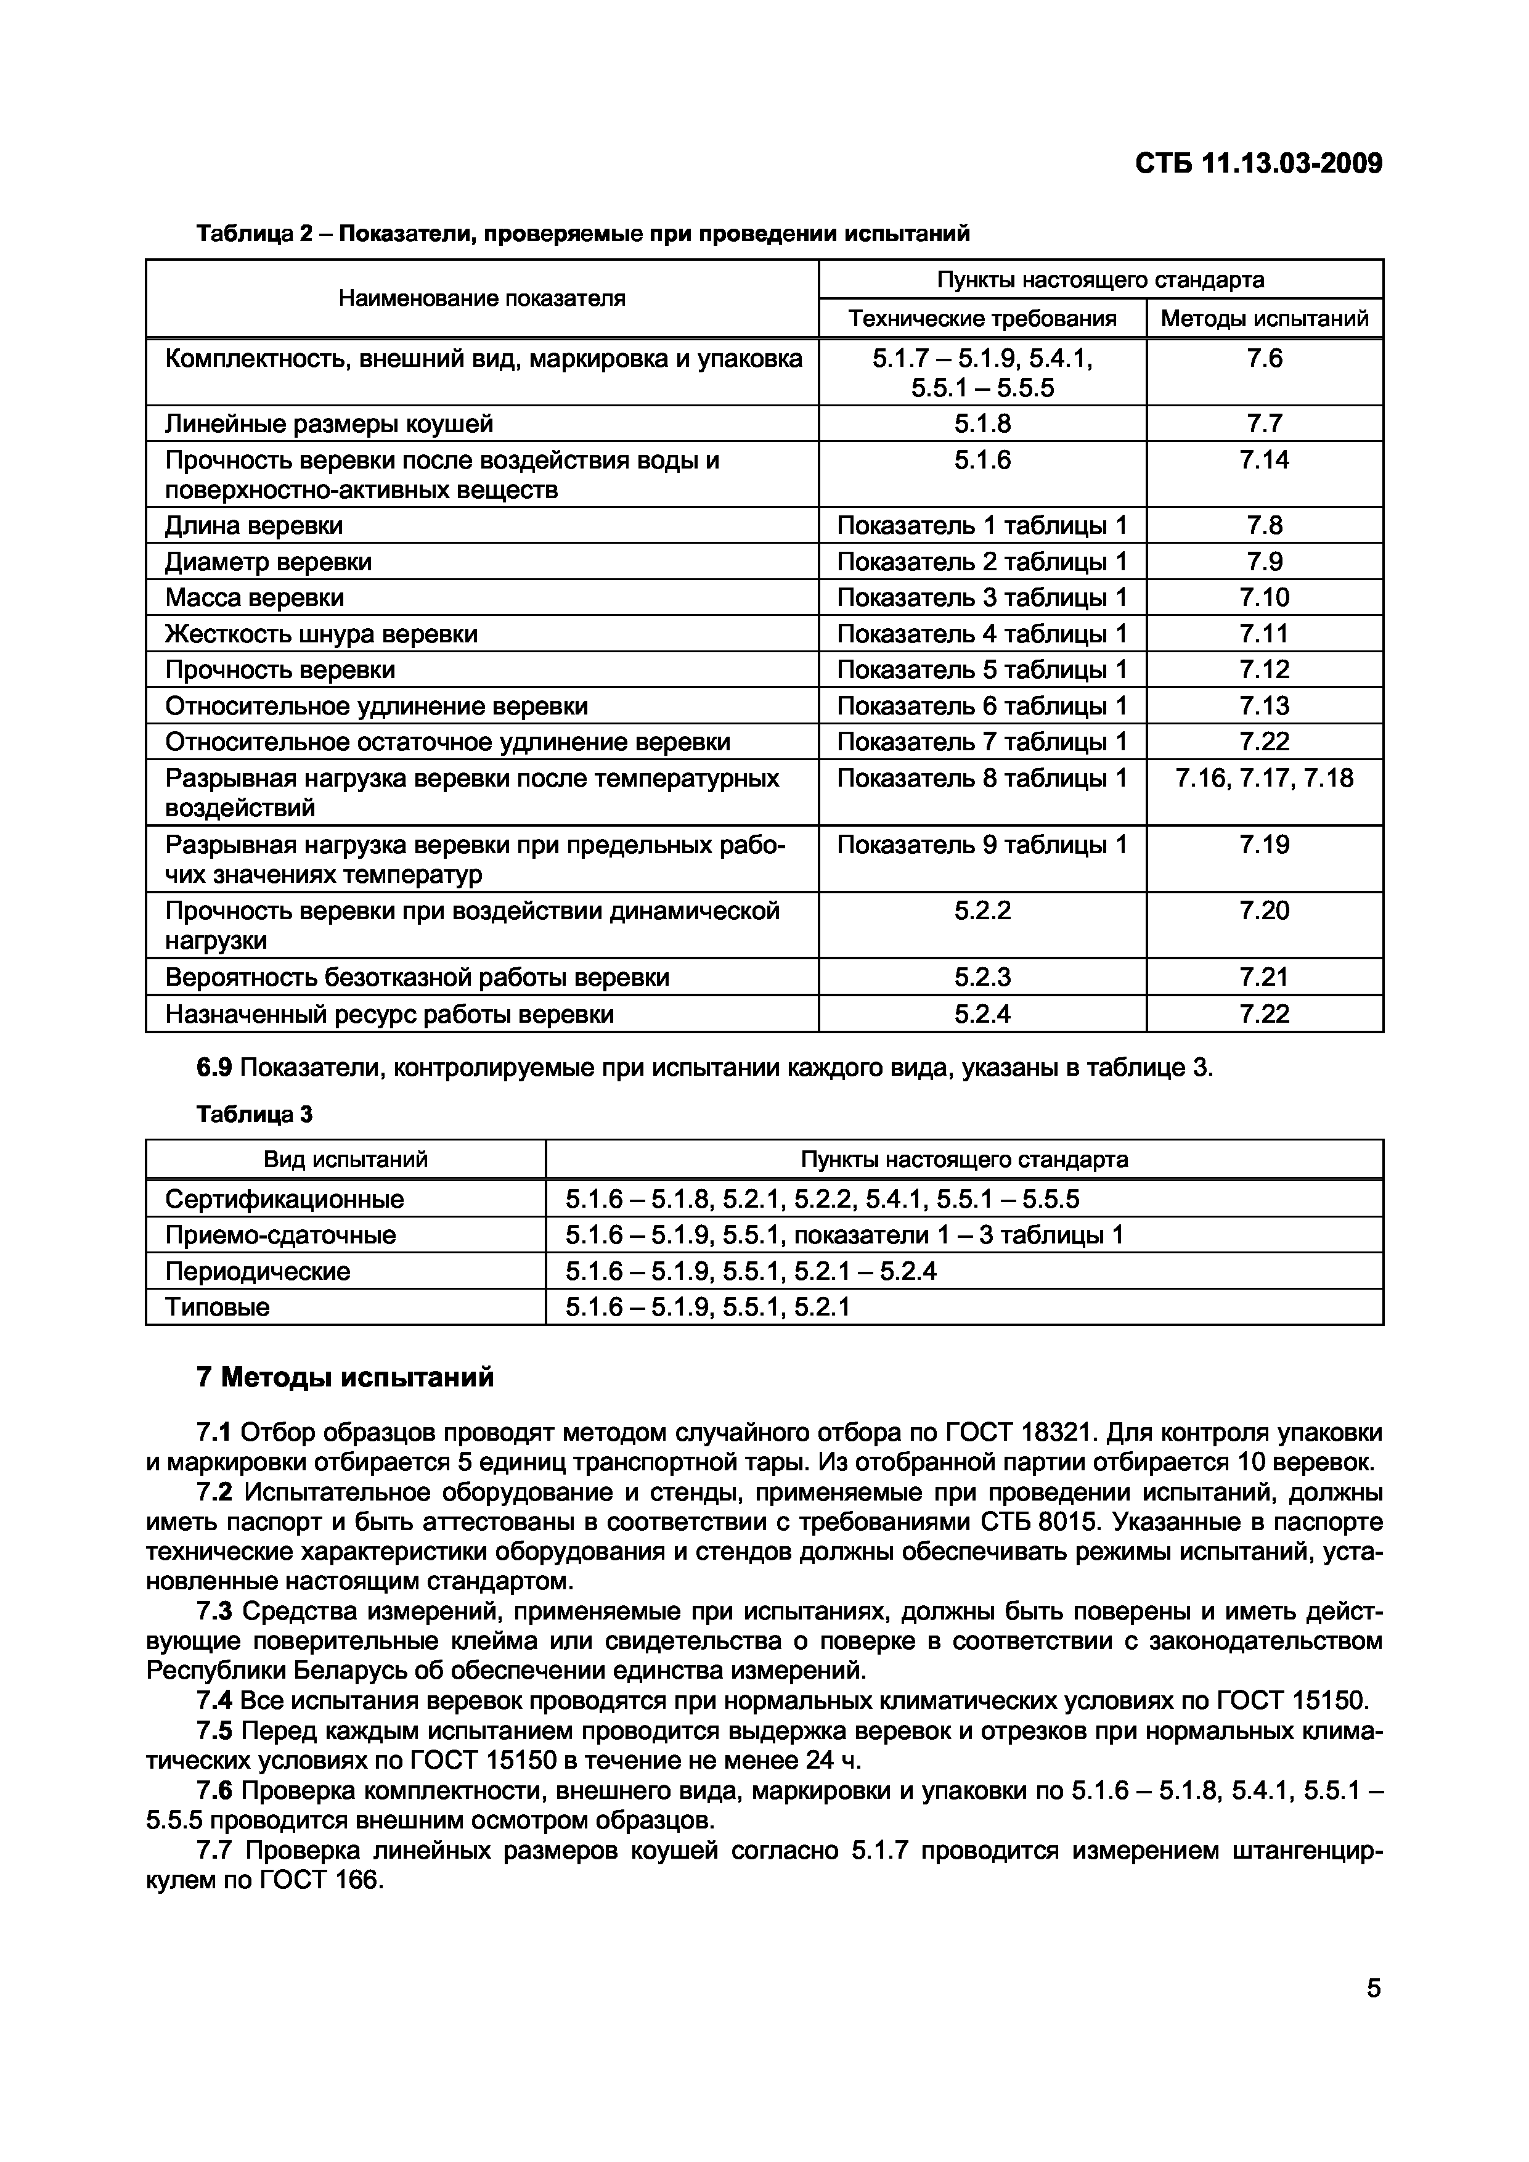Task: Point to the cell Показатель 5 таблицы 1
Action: point(981,669)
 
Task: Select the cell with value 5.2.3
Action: point(981,977)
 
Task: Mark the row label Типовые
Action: point(218,1307)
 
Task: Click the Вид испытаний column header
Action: point(346,1159)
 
